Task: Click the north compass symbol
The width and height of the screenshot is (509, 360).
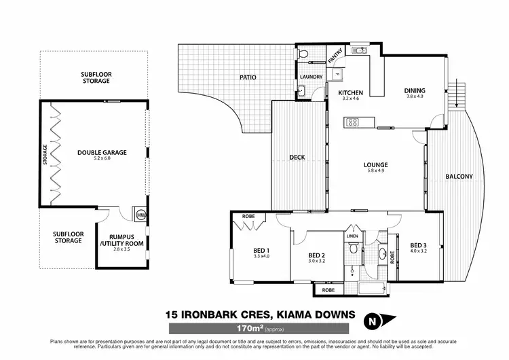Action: [372, 320]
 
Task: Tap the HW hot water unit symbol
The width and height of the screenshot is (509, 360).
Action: [141, 215]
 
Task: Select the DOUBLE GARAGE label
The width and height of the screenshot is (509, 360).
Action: [102, 153]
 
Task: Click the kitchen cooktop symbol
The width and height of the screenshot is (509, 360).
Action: [353, 122]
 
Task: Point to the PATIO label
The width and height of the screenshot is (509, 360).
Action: [248, 77]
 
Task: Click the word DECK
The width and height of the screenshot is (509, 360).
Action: [297, 158]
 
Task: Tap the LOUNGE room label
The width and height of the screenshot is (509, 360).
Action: [375, 164]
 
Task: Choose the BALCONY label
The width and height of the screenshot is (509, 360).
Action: [459, 177]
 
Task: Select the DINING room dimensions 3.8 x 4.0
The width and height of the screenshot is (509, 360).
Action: [414, 97]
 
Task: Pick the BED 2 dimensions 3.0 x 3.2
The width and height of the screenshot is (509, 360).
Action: [318, 260]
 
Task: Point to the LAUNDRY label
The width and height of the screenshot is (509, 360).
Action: [311, 77]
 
